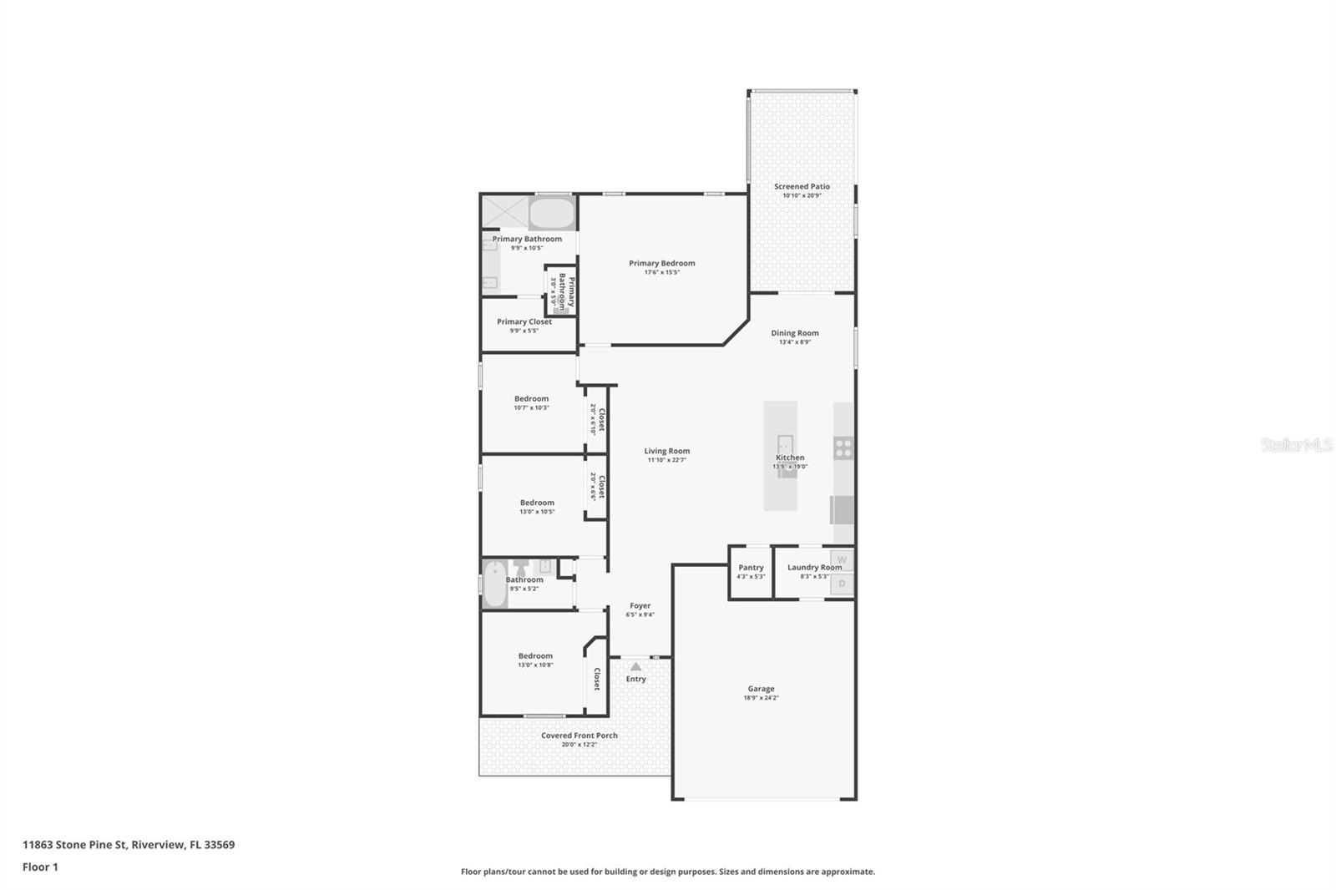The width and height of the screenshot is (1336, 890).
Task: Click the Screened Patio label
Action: (802, 186)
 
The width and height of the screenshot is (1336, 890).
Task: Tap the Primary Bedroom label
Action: (661, 263)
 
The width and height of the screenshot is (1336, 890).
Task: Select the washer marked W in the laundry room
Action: (842, 559)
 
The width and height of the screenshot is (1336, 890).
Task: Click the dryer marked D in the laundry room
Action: (842, 584)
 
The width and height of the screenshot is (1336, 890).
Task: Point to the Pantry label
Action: (751, 568)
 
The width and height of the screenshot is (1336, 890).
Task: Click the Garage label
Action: (761, 689)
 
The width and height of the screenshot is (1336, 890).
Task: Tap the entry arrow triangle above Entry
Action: (635, 666)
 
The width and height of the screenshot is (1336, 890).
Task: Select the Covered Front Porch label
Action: (579, 736)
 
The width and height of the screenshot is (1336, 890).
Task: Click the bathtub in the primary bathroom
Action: (552, 214)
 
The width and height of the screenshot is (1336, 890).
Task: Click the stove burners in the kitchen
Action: (843, 448)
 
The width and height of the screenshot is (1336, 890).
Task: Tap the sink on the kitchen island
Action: (785, 443)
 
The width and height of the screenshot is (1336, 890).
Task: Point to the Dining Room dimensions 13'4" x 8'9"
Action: (794, 342)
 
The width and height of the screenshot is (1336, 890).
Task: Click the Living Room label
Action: (666, 451)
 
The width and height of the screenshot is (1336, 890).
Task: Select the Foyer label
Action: (640, 605)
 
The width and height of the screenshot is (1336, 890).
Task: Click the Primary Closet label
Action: (524, 321)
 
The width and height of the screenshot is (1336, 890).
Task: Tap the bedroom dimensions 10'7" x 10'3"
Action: (531, 407)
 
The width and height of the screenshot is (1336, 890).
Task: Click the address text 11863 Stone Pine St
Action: (75, 844)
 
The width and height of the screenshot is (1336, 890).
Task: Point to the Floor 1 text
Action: (40, 867)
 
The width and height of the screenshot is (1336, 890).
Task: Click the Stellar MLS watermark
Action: (1296, 445)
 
